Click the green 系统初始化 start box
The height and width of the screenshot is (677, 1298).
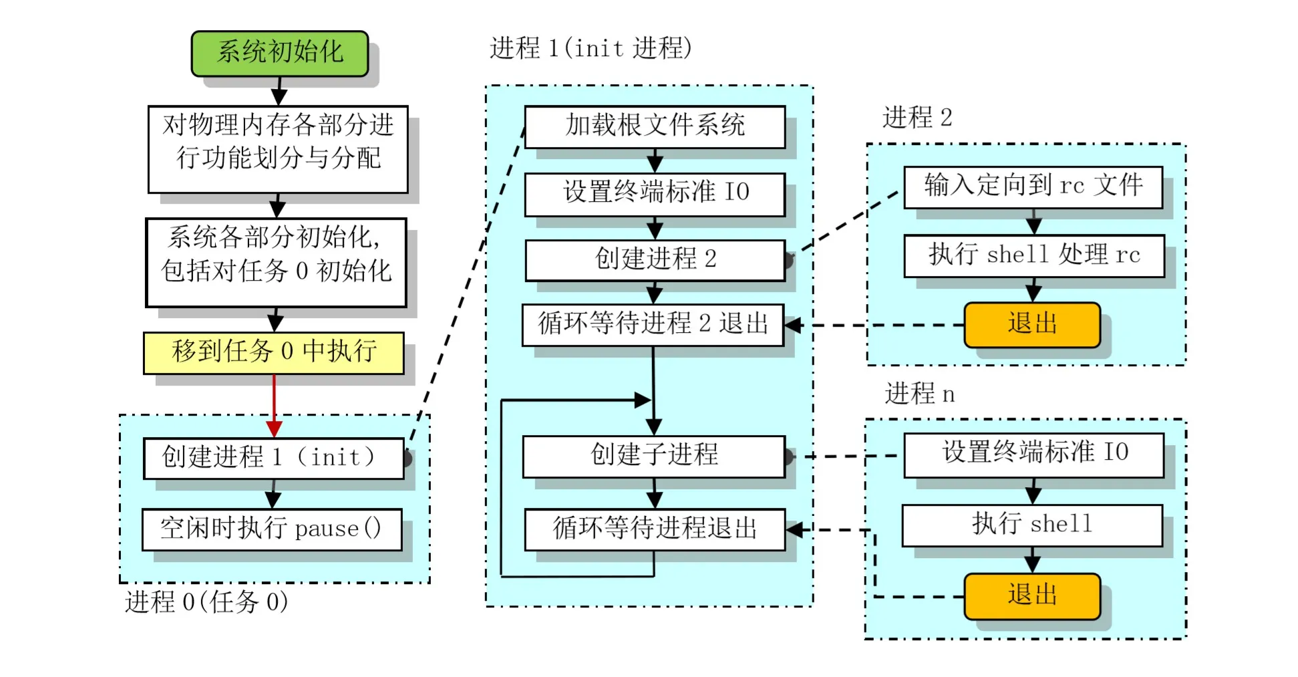point(279,53)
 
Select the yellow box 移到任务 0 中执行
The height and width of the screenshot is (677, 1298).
point(273,352)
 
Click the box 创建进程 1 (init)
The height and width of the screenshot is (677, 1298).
point(273,458)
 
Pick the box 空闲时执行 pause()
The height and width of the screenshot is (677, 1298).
point(271,529)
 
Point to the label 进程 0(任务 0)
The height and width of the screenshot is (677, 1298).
point(206,602)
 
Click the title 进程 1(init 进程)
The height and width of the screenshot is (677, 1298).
point(590,48)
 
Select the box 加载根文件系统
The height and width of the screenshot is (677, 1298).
point(654,126)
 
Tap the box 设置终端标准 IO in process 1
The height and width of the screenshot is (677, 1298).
point(654,194)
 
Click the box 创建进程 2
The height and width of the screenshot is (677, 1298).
point(654,259)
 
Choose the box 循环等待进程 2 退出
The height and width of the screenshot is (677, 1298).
point(652,325)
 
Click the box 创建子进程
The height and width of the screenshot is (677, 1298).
point(653,456)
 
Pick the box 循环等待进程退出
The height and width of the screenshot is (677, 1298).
point(654,529)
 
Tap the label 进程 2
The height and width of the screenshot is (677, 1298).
point(917,118)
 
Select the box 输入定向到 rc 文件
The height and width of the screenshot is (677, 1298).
point(1033,186)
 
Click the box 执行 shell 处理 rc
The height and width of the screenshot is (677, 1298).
point(1033,255)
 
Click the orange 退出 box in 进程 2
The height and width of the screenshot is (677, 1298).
point(1031,325)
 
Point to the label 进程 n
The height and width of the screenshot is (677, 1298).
point(919,394)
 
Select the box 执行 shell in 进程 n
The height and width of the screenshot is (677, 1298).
point(1031,525)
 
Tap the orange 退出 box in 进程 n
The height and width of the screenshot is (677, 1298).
point(1031,595)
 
